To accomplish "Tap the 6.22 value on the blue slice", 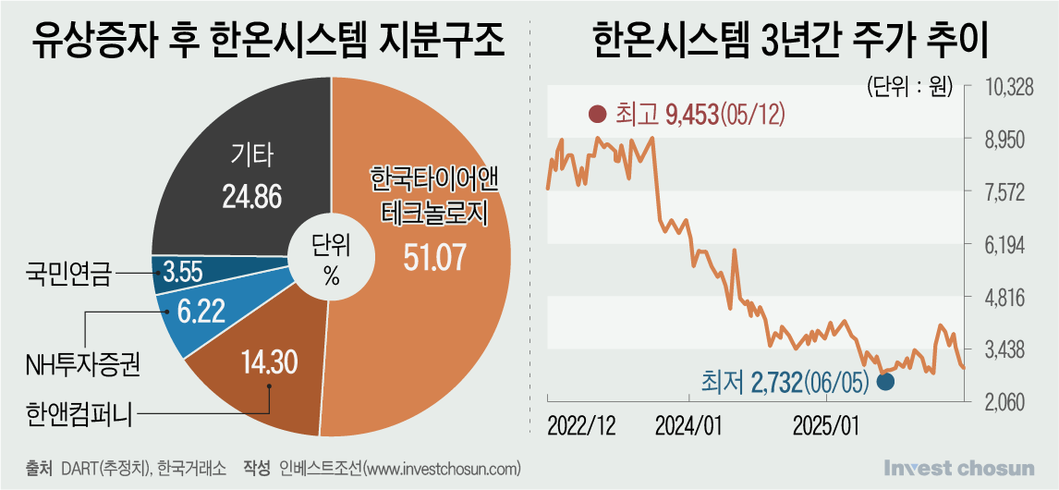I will tap(201, 312).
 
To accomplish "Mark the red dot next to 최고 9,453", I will tap(597, 115).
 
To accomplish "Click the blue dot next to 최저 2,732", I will tap(885, 381).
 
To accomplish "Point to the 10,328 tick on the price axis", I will tap(1012, 89).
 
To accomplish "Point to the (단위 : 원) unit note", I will tap(909, 87).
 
